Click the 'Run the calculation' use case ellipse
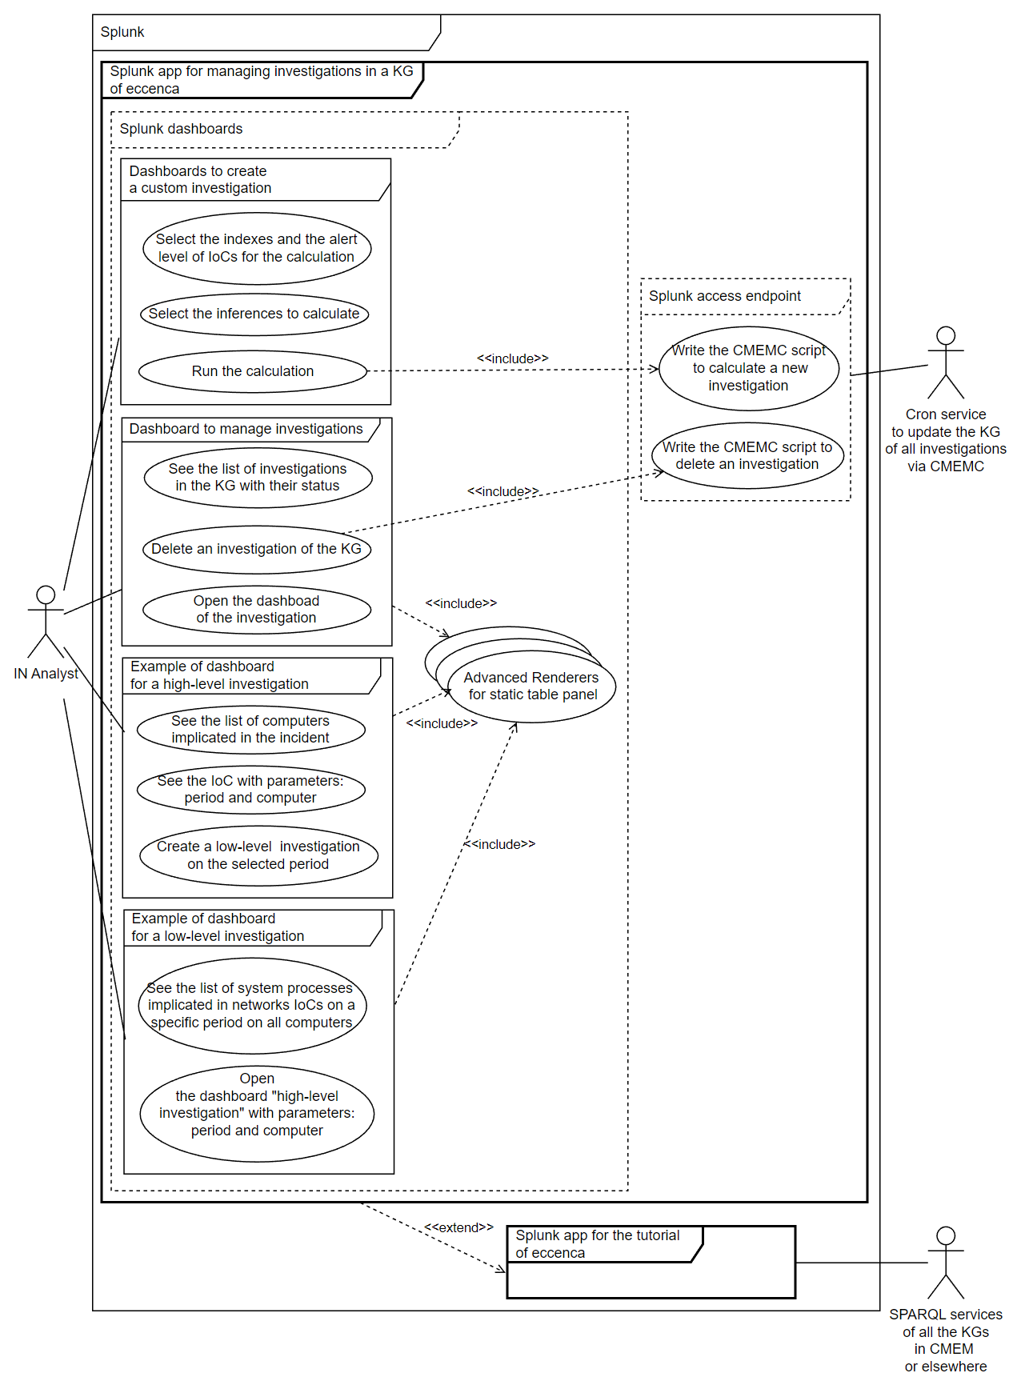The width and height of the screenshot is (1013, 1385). tap(253, 371)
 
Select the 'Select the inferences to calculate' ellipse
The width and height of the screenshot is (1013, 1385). tap(254, 314)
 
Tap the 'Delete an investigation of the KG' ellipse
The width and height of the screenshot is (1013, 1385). tap(256, 549)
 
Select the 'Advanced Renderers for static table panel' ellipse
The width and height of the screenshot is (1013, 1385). tap(532, 686)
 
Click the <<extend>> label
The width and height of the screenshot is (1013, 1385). tap(458, 1227)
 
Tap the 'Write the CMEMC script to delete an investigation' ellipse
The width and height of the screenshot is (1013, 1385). tap(747, 456)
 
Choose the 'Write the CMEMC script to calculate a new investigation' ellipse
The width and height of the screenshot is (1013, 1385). tap(749, 368)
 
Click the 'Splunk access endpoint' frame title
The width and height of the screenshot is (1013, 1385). tap(724, 296)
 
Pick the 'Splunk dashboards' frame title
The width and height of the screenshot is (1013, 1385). tap(181, 129)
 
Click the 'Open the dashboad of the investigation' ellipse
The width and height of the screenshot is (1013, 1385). tap(256, 610)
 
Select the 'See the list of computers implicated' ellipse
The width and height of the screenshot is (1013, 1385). tap(250, 730)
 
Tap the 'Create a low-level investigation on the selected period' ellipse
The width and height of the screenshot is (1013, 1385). tap(258, 855)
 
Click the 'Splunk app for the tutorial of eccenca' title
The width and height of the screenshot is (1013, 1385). tap(597, 1244)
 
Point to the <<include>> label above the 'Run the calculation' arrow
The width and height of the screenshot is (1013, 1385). tap(512, 358)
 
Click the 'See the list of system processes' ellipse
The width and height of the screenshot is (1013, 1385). tap(251, 1006)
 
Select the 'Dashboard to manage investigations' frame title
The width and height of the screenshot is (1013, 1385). tap(246, 429)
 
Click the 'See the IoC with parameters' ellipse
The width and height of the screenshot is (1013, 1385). tap(250, 790)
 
